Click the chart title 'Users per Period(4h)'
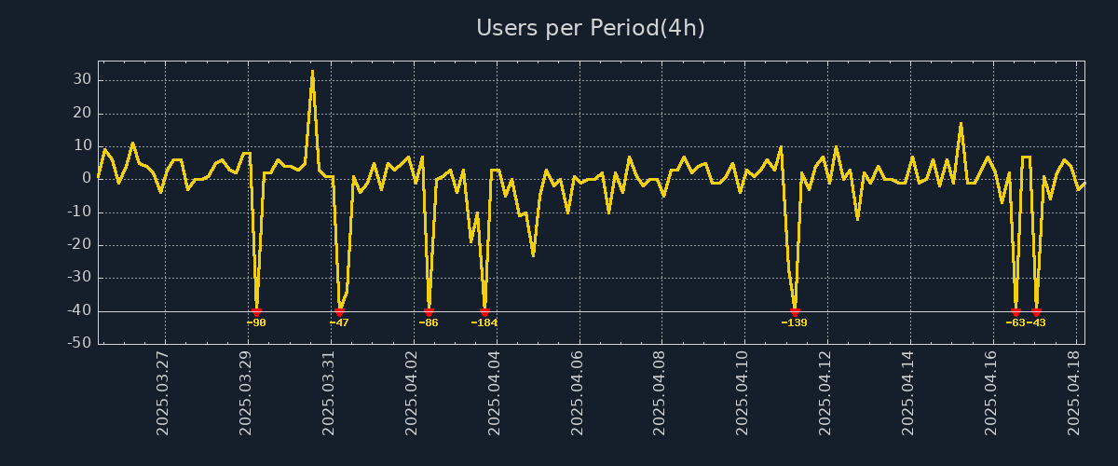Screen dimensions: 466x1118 [590, 28]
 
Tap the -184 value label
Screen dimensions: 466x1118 [484, 322]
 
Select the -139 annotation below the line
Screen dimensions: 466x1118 [794, 322]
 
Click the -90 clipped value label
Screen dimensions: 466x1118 [256, 322]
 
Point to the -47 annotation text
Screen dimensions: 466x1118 [339, 322]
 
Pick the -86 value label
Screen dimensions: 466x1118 [429, 322]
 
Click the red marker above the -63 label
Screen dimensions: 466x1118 [1016, 311]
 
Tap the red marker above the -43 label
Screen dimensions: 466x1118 [1036, 311]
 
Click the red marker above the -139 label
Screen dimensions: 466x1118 [795, 311]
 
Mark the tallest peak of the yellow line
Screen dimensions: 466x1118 [312, 71]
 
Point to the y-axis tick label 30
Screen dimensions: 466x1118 [82, 80]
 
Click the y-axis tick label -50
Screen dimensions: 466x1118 [78, 344]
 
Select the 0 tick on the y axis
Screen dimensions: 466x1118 [87, 179]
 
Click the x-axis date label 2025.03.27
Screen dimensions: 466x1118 [164, 392]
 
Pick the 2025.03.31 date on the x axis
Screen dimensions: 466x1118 [330, 392]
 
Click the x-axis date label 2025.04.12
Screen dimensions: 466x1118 [825, 392]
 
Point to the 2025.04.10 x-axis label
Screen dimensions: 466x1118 [743, 392]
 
